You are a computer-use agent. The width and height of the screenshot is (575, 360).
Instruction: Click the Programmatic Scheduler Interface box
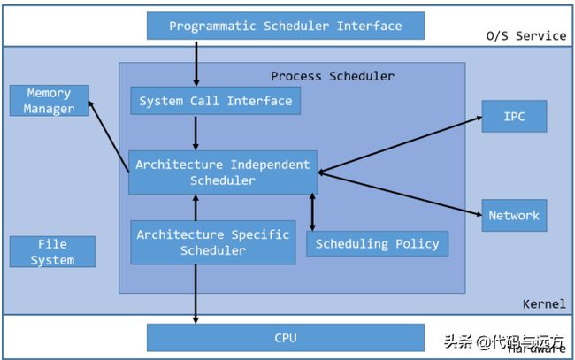click(x=285, y=26)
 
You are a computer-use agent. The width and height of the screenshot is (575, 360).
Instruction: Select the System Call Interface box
click(x=215, y=101)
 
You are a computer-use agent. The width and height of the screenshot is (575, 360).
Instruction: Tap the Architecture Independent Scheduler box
click(x=223, y=172)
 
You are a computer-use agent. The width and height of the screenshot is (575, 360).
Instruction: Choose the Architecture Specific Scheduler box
click(x=212, y=242)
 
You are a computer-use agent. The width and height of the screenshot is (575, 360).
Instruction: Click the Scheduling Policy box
click(x=377, y=243)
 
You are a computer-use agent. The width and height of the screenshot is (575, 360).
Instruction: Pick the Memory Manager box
click(x=49, y=101)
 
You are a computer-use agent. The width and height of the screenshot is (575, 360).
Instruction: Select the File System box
click(x=52, y=251)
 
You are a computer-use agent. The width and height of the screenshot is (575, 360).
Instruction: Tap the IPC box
click(x=514, y=116)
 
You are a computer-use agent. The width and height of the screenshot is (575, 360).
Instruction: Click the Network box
click(x=514, y=215)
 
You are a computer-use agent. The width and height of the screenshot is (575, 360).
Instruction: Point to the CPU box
click(x=285, y=338)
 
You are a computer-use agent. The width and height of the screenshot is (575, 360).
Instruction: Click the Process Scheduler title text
click(x=333, y=76)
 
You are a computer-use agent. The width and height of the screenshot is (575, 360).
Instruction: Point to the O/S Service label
click(x=525, y=35)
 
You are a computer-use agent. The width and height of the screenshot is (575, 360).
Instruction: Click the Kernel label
click(x=543, y=303)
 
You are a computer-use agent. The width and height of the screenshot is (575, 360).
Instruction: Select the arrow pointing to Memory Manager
click(x=111, y=134)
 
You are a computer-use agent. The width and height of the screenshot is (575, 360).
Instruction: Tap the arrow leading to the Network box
click(x=398, y=193)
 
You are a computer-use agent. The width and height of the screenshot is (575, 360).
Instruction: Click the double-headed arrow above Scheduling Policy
click(x=312, y=211)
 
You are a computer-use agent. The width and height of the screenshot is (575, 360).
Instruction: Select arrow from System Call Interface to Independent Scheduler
click(x=195, y=133)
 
